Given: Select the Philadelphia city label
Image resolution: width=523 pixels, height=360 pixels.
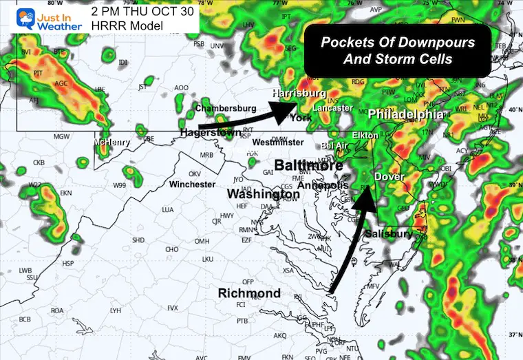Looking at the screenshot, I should point(403,114).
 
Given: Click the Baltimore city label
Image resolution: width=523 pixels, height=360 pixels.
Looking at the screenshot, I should point(308,166).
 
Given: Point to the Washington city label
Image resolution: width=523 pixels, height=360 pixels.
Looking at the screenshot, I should point(264,195).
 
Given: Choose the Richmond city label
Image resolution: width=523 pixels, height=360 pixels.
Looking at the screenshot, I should point(249,293).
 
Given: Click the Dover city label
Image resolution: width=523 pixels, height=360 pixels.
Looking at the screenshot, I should point(389,177).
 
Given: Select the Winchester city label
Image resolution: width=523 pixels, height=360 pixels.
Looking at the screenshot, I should point(193,184).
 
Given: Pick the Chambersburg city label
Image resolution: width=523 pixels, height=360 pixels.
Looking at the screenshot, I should point(226,108).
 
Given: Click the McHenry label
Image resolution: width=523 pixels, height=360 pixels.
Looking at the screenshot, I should point(113,142).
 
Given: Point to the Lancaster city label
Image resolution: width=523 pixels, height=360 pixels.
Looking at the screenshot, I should point(332,108).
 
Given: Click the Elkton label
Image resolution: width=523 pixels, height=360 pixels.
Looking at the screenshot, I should point(365,136).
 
